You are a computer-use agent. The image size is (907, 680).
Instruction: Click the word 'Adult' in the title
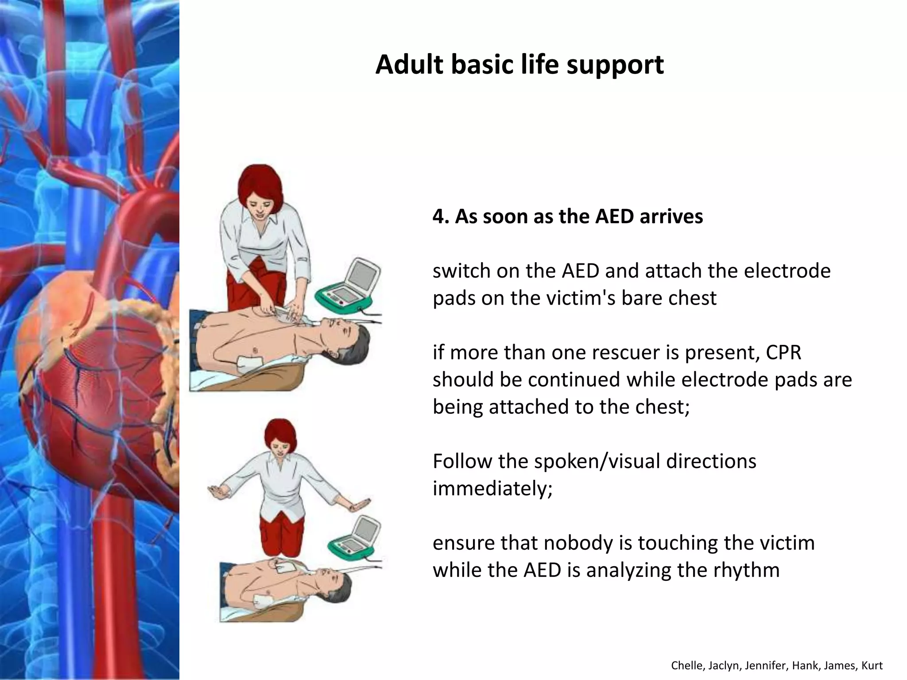[409, 65]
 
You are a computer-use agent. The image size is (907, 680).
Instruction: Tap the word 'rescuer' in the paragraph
[617, 352]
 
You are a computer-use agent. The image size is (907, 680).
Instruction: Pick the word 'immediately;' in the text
[492, 489]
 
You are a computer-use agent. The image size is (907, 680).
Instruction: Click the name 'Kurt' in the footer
[872, 665]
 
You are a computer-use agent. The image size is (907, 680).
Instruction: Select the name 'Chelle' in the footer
[684, 665]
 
